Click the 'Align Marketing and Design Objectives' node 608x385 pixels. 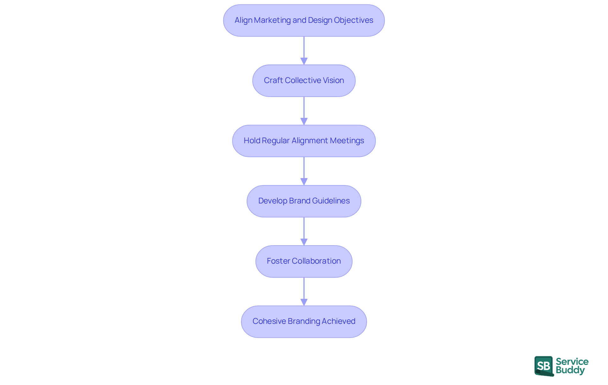[304, 20]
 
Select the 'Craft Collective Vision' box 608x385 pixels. [304, 80]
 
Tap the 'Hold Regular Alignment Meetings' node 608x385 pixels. [304, 141]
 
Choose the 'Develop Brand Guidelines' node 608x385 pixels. [304, 201]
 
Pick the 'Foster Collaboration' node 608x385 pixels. [304, 261]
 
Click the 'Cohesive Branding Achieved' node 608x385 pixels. [304, 321]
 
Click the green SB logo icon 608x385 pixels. [544, 366]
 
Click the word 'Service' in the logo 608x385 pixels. [572, 362]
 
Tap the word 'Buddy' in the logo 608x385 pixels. [570, 370]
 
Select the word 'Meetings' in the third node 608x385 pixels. [347, 141]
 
